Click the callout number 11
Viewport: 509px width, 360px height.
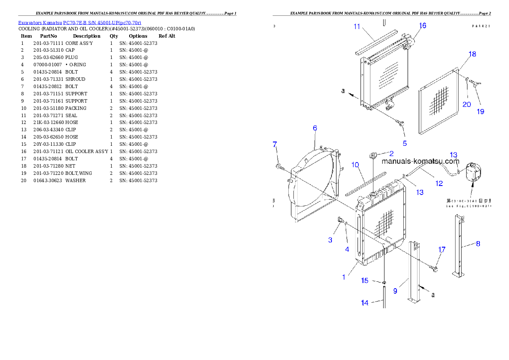point(357,27)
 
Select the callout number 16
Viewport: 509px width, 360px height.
point(422,26)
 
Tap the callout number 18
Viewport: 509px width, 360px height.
point(472,54)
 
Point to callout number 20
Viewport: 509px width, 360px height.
point(466,104)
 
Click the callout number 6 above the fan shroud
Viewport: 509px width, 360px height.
point(315,128)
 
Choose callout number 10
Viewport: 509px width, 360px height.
point(355,165)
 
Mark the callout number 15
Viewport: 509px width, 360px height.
point(364,280)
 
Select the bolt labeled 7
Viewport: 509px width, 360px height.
point(279,166)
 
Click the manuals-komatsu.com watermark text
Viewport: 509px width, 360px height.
point(420,161)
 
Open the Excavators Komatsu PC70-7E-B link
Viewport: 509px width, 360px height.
point(80,22)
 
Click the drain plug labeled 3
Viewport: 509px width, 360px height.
point(341,220)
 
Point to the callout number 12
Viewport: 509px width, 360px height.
point(439,183)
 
